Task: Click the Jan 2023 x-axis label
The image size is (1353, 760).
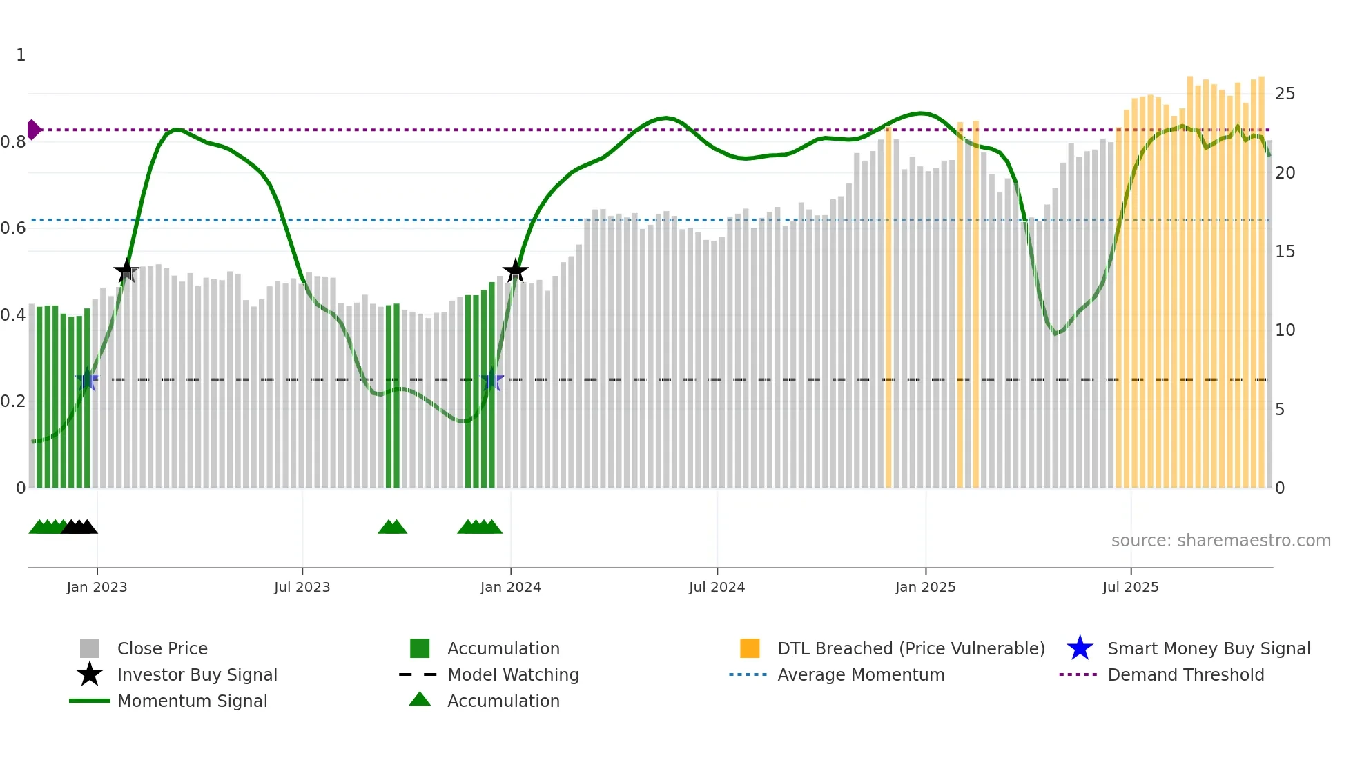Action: [x=97, y=587]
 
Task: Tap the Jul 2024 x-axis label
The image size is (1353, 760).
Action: [x=717, y=587]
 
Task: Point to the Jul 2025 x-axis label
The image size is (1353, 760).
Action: [x=1130, y=587]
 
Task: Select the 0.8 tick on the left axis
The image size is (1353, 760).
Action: [x=13, y=142]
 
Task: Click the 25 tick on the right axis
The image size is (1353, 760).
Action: [x=1285, y=94]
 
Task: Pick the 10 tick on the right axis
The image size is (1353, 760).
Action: [x=1285, y=330]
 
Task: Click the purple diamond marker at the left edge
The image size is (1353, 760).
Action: [x=33, y=130]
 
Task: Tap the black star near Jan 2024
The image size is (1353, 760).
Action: [x=515, y=271]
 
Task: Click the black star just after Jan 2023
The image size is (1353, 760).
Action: [x=126, y=271]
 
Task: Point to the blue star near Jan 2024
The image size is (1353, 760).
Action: [x=491, y=380]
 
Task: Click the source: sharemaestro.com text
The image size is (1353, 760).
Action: [x=1220, y=541]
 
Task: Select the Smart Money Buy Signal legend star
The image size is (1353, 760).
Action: [x=1080, y=648]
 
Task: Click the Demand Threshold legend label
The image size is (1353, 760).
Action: [x=1185, y=674]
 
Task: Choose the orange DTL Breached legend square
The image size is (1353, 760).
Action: [x=750, y=648]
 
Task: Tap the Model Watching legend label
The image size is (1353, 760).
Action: [x=513, y=674]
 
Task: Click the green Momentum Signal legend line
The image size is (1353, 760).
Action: [x=90, y=701]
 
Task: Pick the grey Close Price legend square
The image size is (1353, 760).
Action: [x=90, y=648]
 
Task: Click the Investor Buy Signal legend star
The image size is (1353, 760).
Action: [x=90, y=674]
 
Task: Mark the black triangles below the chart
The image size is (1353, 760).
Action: [x=79, y=528]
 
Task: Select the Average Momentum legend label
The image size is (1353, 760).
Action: [x=861, y=674]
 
